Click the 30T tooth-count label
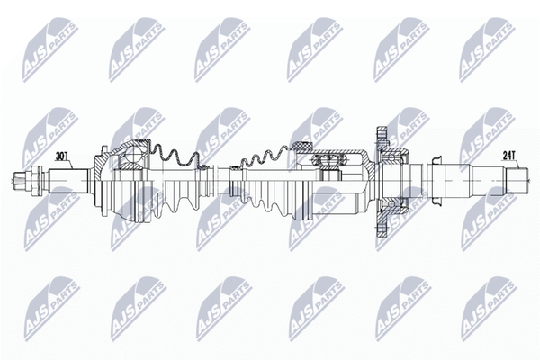pyautogui.click(x=61, y=157)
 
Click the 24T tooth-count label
pyautogui.click(x=508, y=156)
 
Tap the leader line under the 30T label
pyautogui.click(x=70, y=165)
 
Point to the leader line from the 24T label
pyautogui.click(x=517, y=164)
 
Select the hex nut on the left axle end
pyautogui.click(x=36, y=181)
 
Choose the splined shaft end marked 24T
pyautogui.click(x=517, y=180)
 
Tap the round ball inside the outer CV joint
pyautogui.click(x=132, y=155)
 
